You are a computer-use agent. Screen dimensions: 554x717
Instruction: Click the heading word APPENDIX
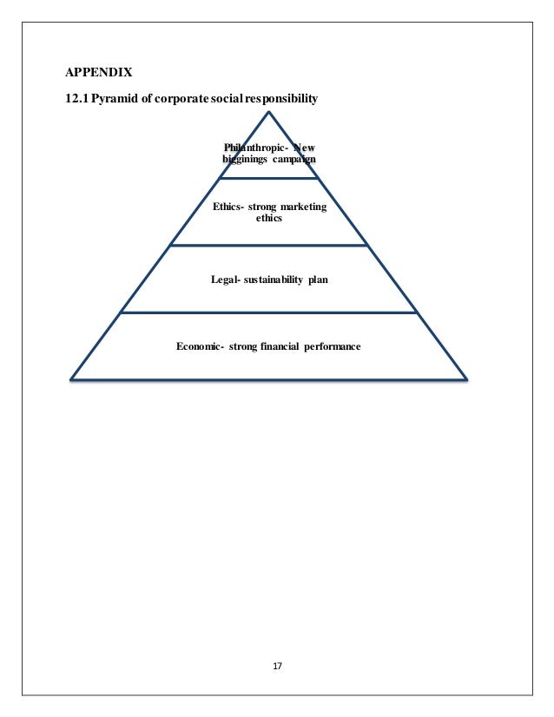(99, 71)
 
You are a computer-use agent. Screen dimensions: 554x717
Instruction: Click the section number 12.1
(77, 98)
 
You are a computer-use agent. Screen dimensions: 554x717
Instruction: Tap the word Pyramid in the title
(120, 98)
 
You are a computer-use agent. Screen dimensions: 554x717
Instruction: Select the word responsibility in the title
(282, 98)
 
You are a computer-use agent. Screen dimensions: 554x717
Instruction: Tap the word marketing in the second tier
(299, 207)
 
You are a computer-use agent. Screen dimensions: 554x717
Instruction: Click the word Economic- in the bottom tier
(201, 346)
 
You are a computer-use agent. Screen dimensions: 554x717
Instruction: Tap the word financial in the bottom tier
(280, 346)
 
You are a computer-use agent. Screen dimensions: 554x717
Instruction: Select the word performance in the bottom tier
(333, 346)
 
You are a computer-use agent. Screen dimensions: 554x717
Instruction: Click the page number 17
(277, 666)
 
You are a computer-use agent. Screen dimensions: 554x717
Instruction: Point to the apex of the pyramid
(269, 112)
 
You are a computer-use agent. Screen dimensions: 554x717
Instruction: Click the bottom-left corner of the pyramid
(71, 378)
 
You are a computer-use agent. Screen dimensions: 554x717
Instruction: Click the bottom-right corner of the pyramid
(467, 378)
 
